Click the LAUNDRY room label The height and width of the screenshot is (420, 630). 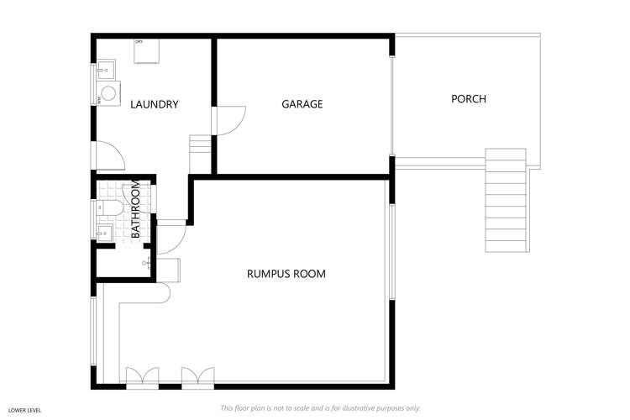154,105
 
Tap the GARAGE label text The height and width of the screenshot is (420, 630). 302,104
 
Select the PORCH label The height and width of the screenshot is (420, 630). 468,99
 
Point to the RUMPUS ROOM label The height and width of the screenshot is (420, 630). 286,274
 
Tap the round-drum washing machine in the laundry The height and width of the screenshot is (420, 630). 108,94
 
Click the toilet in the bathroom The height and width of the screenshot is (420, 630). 109,207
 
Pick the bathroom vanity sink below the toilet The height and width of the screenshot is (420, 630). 106,232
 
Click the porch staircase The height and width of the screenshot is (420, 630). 507,201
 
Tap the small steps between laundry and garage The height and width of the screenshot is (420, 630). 200,154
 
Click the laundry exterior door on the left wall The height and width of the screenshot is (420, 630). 108,156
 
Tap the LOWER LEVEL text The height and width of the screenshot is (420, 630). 26,409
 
